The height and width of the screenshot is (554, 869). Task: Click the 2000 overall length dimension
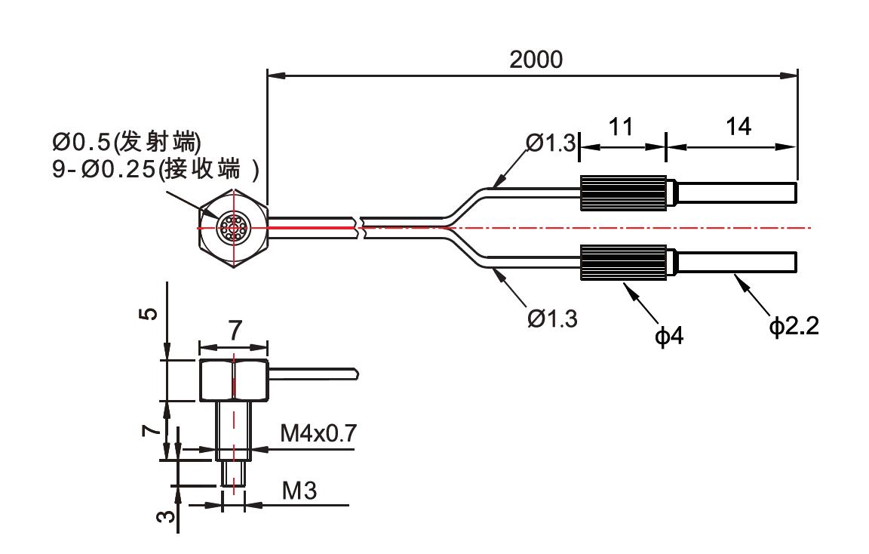tap(536, 60)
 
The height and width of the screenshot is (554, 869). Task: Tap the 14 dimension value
tap(739, 126)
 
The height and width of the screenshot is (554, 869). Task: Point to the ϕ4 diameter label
tap(669, 335)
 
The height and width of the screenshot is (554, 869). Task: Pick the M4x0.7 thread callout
tap(318, 433)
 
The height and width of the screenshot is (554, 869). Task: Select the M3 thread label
tap(299, 491)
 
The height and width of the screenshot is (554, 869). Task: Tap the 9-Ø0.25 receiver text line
tap(155, 168)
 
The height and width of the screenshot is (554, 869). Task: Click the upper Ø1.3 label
tap(551, 142)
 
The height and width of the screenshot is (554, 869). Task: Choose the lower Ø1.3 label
tap(552, 319)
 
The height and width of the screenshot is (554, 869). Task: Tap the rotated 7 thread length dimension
tap(150, 429)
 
